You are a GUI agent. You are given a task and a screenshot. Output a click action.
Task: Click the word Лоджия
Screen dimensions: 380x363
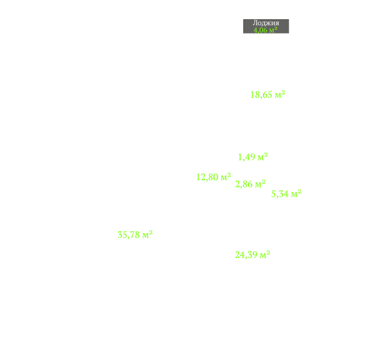coord(266,23)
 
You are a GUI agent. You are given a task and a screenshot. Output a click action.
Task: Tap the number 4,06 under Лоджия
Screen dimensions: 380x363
coord(260,30)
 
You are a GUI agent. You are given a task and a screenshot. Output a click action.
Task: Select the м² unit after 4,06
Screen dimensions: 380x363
coord(273,30)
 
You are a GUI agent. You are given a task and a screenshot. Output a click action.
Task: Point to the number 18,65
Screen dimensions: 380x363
coord(261,94)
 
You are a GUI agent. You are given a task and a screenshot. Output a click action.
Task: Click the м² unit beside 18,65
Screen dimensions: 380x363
coord(280,94)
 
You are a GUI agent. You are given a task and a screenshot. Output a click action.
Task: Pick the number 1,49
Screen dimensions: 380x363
coord(247,157)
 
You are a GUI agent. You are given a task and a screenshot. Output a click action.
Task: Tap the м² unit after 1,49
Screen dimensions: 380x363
coord(263,156)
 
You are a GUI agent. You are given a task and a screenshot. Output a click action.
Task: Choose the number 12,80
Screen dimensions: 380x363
coord(208,177)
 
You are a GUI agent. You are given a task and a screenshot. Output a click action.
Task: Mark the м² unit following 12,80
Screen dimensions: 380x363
coord(226,177)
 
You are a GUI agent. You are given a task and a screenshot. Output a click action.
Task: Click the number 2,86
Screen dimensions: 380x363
coord(244,184)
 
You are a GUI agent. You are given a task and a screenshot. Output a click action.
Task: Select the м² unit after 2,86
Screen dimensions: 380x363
coord(260,183)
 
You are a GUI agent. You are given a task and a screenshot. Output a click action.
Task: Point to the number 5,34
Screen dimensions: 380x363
coord(280,194)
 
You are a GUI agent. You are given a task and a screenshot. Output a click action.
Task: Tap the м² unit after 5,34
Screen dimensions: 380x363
coord(296,193)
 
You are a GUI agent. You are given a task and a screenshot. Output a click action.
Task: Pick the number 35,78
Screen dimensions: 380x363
coord(129,235)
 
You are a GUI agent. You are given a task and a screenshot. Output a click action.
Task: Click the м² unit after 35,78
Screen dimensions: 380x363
coord(147,234)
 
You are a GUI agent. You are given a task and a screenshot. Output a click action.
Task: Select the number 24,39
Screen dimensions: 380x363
coord(247,255)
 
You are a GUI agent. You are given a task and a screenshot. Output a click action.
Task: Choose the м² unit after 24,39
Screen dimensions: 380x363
coord(265,254)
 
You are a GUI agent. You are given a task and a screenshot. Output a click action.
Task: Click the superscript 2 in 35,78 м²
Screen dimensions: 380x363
coord(151,232)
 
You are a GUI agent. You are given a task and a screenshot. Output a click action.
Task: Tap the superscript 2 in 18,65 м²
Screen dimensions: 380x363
coord(284,92)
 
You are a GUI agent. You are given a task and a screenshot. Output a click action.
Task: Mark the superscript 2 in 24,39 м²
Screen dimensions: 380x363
coord(268,253)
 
